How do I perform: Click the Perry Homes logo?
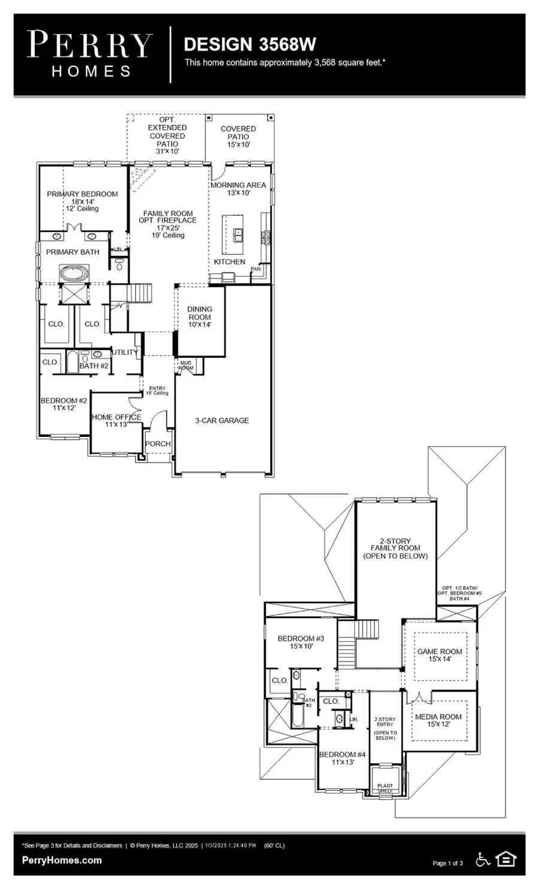click(x=90, y=54)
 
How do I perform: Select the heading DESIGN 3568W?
click(x=250, y=44)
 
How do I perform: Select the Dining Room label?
click(x=199, y=313)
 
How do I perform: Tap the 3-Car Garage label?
click(x=222, y=421)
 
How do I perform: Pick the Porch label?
click(x=158, y=444)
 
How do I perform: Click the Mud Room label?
click(x=186, y=365)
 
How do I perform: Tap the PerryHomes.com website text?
click(x=62, y=860)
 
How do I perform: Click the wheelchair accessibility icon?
click(x=483, y=860)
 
